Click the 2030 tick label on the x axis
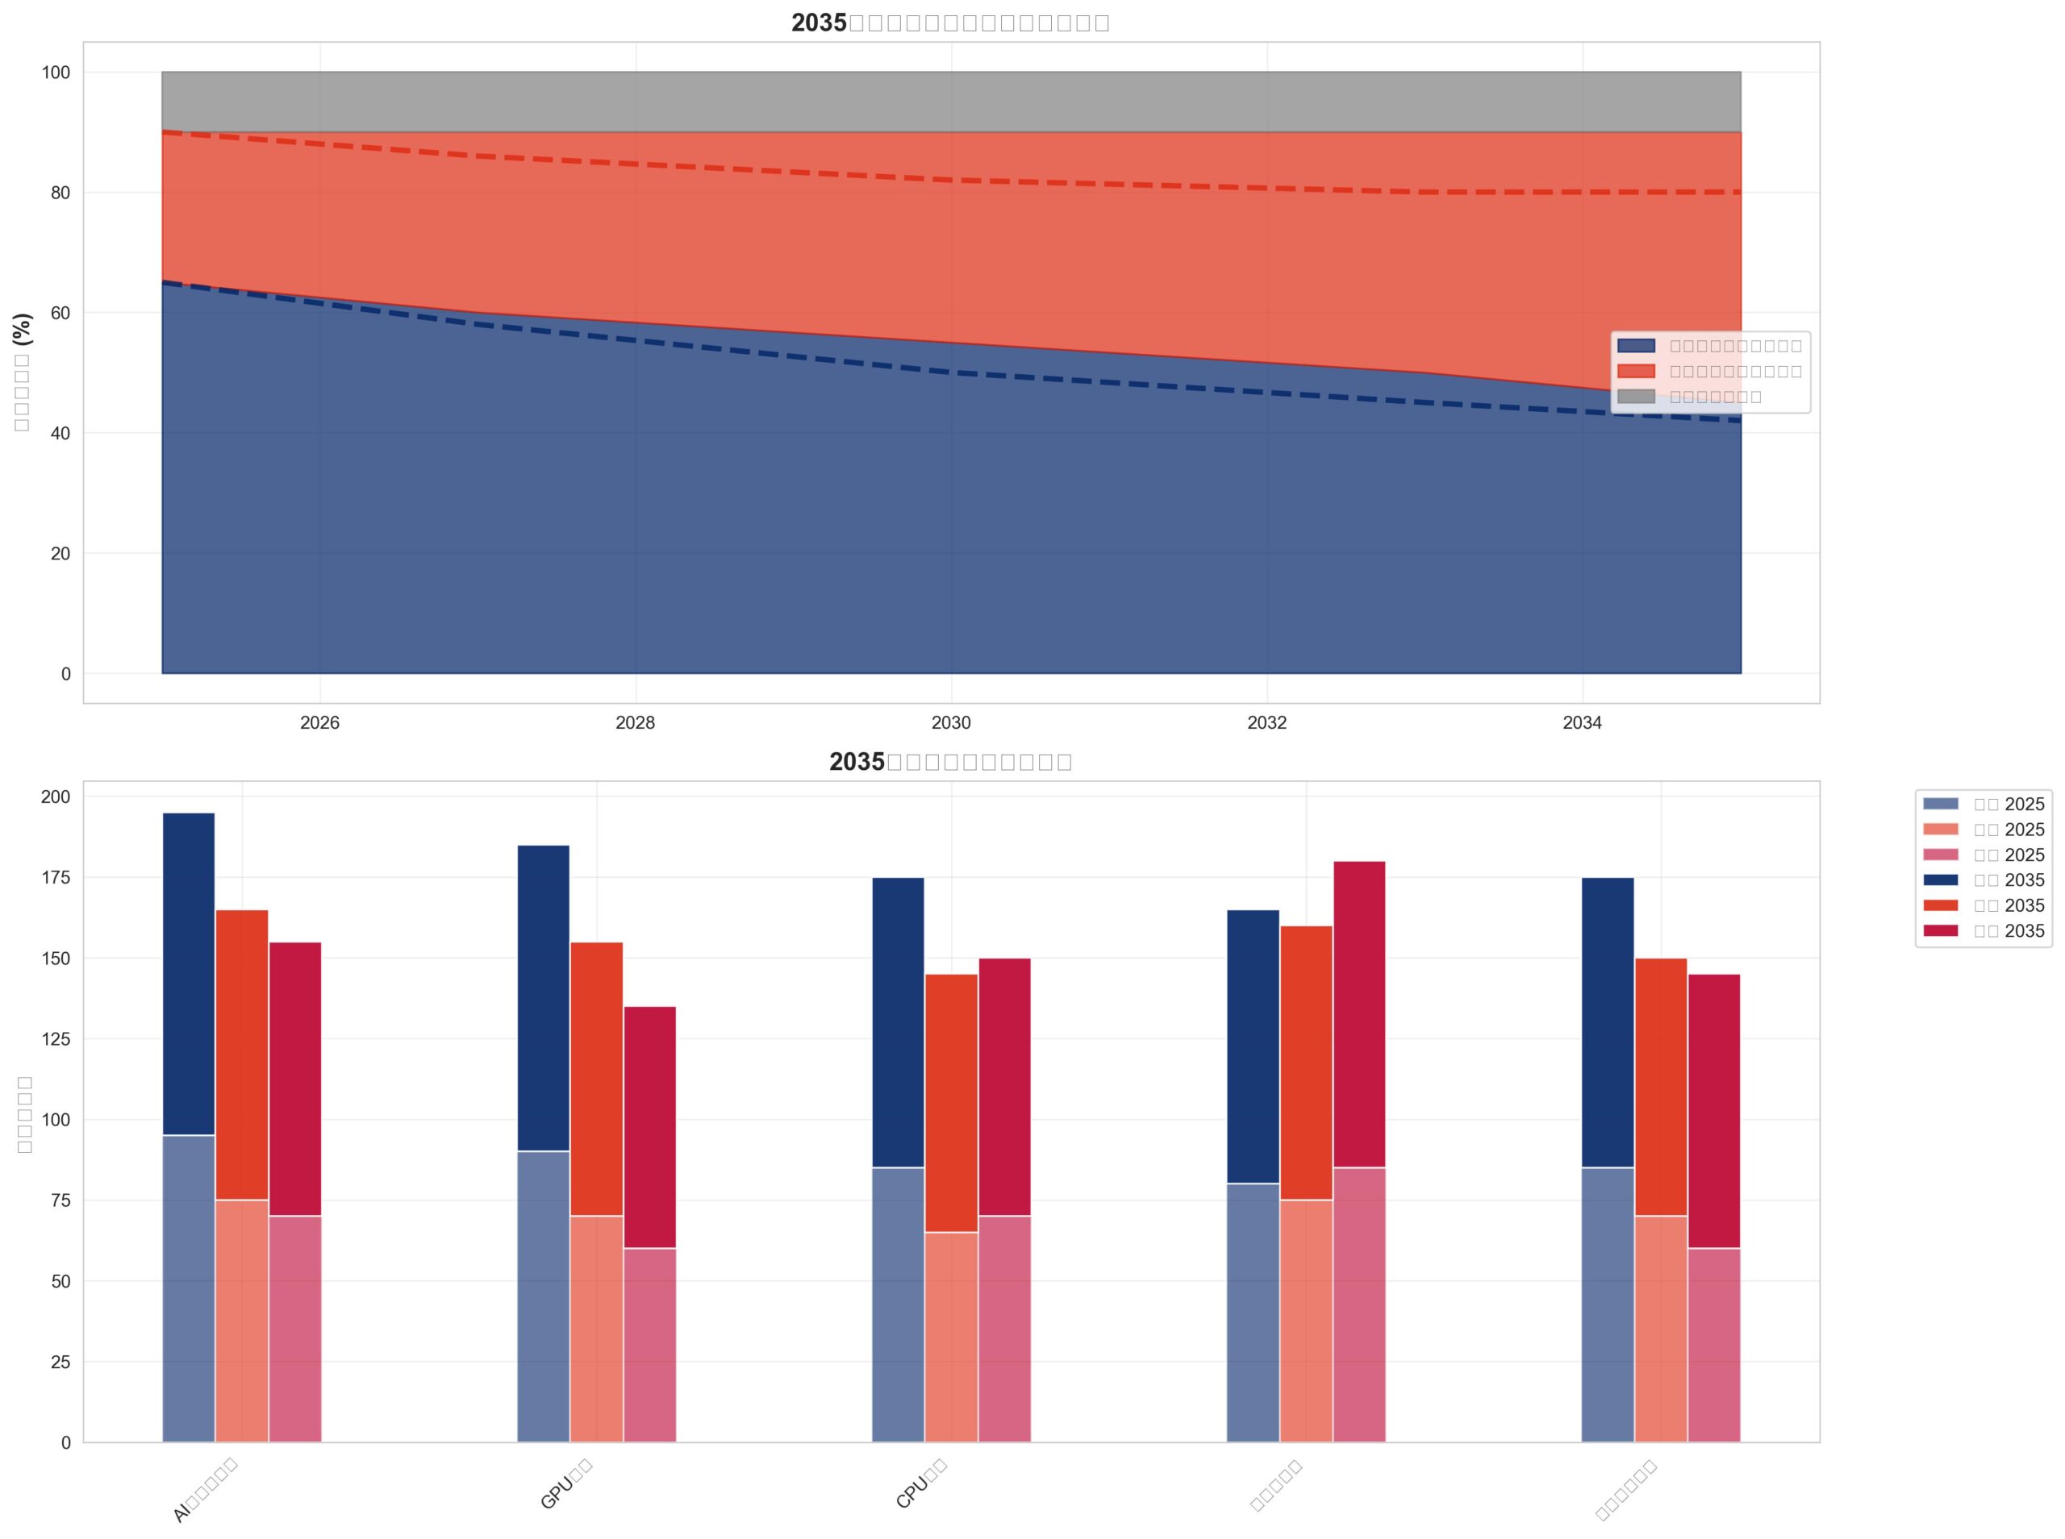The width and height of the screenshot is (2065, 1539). click(950, 723)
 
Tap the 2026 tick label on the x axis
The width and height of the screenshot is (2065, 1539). click(319, 723)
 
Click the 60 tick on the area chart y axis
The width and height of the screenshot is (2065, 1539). click(60, 313)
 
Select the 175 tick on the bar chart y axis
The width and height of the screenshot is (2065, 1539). click(55, 878)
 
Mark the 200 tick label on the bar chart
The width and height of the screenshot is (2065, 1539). click(55, 797)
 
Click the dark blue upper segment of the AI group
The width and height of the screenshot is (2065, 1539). click(188, 974)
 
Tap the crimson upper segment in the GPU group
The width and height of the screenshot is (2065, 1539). click(649, 1127)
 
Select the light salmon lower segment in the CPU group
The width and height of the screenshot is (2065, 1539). click(951, 1337)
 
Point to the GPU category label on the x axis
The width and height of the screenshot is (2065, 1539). click(565, 1484)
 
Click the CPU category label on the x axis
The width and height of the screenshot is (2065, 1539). click(920, 1484)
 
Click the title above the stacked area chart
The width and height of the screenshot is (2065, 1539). click(950, 23)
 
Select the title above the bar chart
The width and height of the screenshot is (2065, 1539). click(950, 761)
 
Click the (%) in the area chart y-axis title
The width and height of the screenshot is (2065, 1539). click(23, 329)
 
